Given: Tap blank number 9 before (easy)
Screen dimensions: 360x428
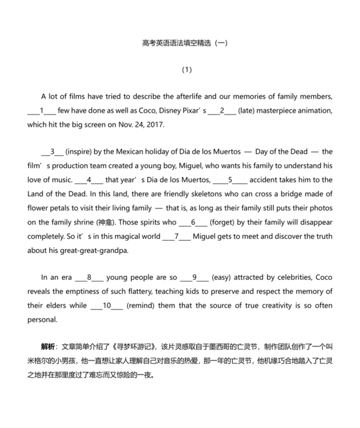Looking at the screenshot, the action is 194,277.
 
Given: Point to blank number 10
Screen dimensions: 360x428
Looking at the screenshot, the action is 107,305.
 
